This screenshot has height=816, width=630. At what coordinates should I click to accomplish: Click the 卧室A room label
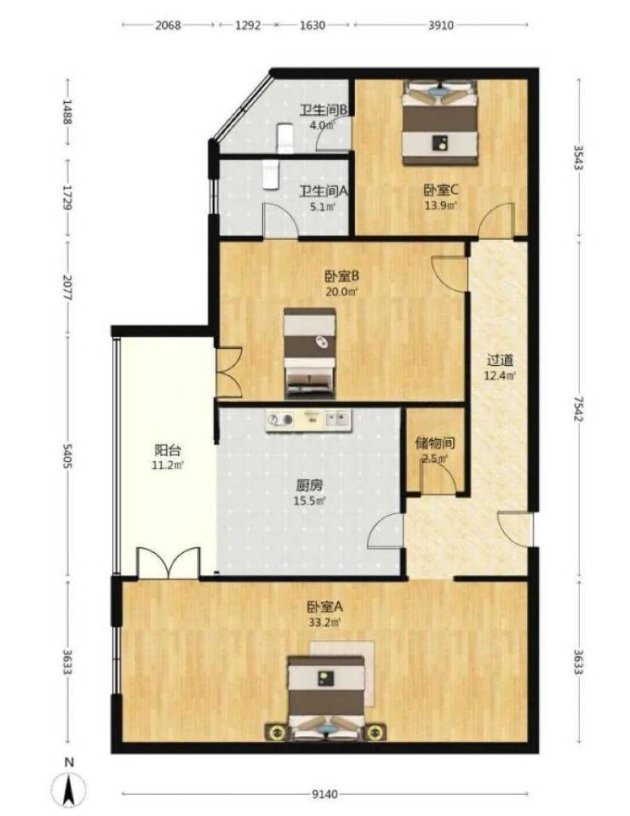(x=325, y=607)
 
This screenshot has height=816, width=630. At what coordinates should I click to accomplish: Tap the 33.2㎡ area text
(x=325, y=622)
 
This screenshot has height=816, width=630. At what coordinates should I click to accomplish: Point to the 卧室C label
(x=440, y=190)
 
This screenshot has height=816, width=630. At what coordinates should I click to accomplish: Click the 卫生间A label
(x=323, y=191)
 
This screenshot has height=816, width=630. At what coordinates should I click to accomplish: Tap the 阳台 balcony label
(x=168, y=449)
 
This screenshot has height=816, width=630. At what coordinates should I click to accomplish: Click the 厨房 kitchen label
(x=310, y=485)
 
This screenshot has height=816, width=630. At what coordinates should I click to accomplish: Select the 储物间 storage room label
(x=435, y=442)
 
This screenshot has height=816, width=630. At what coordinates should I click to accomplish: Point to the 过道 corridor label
(x=500, y=360)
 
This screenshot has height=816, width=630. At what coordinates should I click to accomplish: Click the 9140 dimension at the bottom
(x=325, y=794)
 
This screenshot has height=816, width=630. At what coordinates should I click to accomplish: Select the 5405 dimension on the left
(x=66, y=456)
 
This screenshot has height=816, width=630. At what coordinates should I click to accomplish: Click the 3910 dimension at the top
(x=441, y=25)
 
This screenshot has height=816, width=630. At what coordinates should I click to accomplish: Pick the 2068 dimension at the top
(x=168, y=25)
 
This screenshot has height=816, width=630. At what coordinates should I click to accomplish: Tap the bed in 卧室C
(x=440, y=123)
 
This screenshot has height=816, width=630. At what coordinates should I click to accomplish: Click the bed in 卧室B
(x=309, y=353)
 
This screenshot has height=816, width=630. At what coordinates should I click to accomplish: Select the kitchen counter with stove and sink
(x=309, y=419)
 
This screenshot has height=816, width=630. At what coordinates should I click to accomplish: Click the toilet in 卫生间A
(x=270, y=174)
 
